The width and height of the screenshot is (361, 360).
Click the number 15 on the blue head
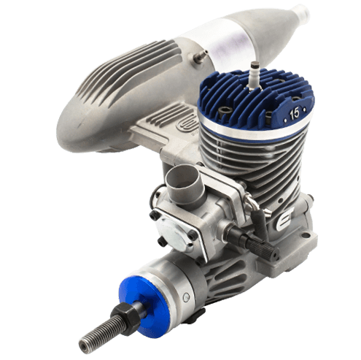[x=295, y=114]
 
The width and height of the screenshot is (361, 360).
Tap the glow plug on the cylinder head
[x=252, y=75]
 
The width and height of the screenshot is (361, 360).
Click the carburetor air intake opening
[x=181, y=177]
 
